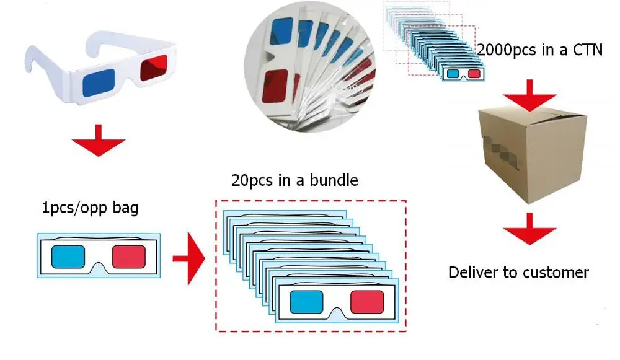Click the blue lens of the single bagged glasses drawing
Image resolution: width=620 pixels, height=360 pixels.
(68, 256)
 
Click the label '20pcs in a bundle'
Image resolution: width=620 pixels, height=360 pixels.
(294, 180)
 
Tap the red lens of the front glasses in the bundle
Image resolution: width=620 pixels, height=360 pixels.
(367, 302)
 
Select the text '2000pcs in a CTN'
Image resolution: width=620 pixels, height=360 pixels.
(539, 50)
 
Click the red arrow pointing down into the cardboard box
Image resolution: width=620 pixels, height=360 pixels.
(529, 92)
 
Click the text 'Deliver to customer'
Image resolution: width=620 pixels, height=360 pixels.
(518, 272)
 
